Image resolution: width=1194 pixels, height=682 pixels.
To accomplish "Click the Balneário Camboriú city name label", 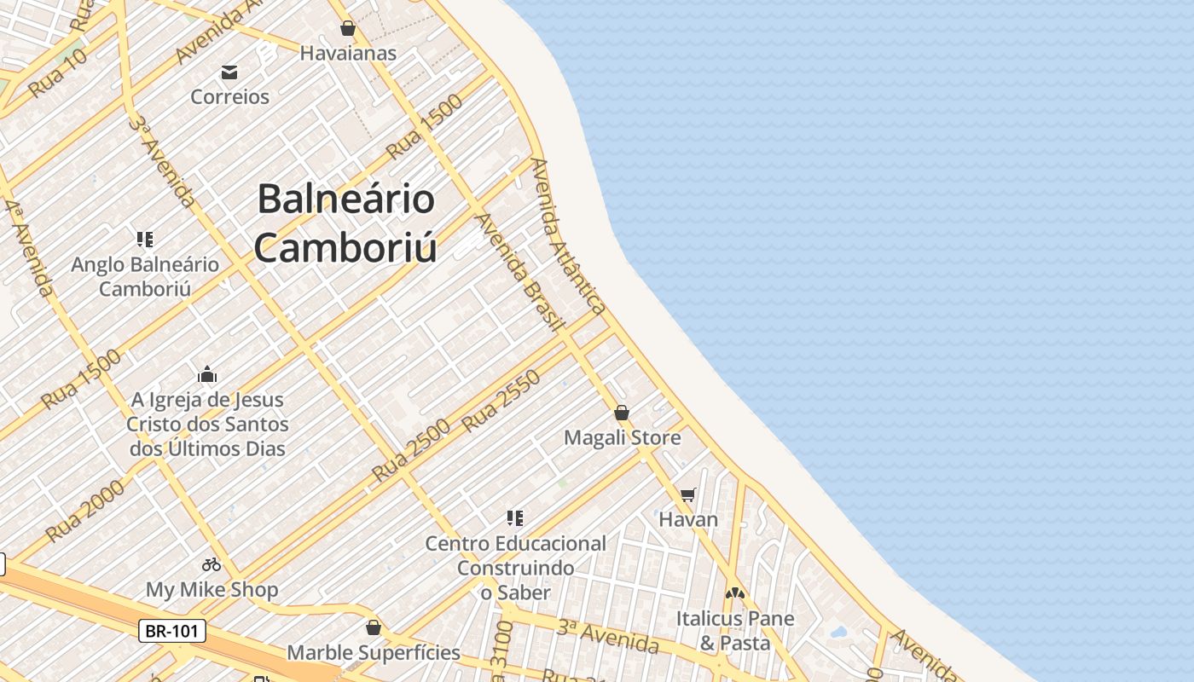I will coord(346,223).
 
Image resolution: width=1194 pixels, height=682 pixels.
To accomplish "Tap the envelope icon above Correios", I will coord(229,72).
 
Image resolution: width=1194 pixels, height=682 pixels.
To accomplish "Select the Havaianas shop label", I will coord(348,53).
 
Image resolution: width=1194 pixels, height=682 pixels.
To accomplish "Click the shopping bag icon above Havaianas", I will coord(347,29).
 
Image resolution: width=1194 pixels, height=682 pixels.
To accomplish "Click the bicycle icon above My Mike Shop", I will coord(212,564).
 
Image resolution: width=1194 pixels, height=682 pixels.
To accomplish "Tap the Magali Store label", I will coord(623,438).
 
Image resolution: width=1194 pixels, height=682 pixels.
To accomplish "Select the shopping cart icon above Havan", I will coord(688,494).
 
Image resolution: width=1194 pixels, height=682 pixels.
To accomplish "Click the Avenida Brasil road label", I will coord(519,271).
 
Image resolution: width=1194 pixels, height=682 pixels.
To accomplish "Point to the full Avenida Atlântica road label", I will coord(568,236).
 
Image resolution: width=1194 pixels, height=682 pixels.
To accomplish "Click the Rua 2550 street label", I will coord(501,401).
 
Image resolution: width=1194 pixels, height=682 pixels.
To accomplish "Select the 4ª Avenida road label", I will coord(29,248).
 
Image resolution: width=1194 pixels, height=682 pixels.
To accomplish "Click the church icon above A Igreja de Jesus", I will coord(207,374).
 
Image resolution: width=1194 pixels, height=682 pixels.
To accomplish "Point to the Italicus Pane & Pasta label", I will coord(735,630).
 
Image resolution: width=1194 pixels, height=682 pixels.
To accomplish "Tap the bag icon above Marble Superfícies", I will coord(373,628).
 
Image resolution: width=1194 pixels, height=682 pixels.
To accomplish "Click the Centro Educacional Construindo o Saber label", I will coord(516,567).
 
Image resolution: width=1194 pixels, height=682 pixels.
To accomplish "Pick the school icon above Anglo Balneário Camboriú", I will coord(145,240).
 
